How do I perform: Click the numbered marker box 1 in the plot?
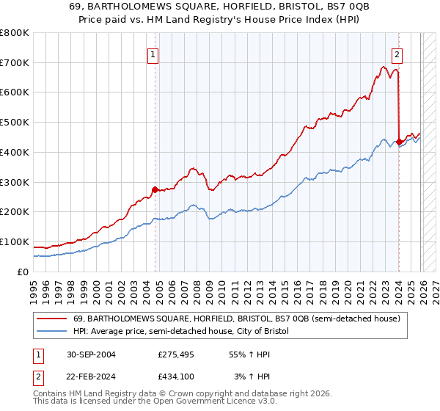[x=153, y=54]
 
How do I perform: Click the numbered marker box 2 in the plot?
[x=397, y=54]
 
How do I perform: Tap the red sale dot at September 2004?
[x=155, y=189]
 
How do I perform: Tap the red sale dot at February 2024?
[x=399, y=142]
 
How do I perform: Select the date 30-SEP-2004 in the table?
[x=92, y=354]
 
